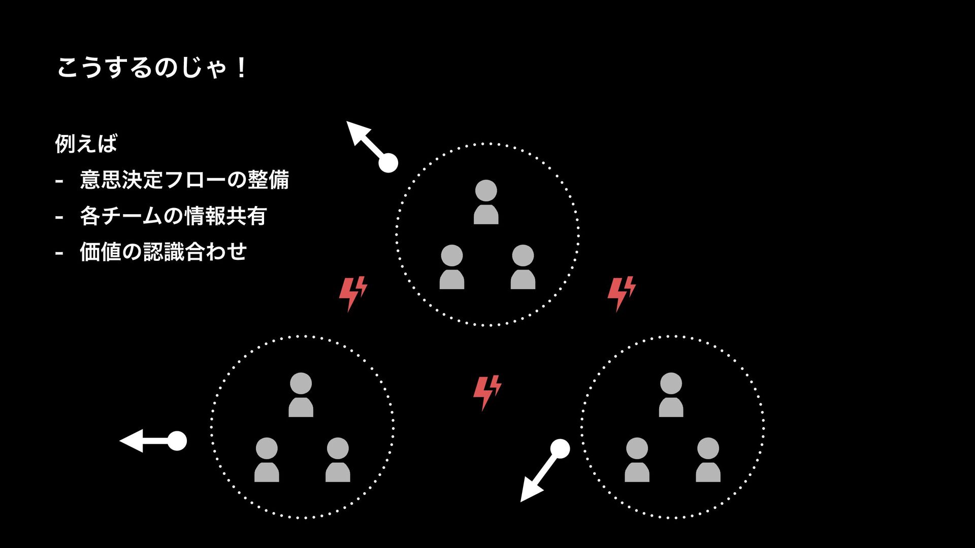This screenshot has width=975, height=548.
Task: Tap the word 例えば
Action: [x=86, y=144]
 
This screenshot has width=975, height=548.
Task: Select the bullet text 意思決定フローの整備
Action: [x=184, y=180]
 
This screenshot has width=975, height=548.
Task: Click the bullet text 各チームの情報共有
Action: [x=173, y=216]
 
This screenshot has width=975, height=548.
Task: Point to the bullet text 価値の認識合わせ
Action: [x=164, y=252]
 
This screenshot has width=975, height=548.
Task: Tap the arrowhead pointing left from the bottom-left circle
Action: [x=132, y=441]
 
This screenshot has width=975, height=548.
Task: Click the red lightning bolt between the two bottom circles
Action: [x=487, y=392]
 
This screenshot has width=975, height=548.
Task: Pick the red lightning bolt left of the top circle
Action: [x=353, y=293]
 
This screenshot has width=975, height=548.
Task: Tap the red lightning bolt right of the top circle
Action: [x=622, y=293]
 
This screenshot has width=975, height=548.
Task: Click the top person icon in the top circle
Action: [x=486, y=202]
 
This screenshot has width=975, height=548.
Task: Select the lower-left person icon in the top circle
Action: [x=451, y=267]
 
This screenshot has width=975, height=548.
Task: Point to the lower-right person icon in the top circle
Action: [x=523, y=267]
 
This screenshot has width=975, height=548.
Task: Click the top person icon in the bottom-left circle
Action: [x=301, y=395]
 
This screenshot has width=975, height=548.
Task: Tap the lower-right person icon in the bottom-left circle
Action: [x=338, y=460]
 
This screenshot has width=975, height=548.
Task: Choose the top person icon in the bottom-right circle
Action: [x=671, y=395]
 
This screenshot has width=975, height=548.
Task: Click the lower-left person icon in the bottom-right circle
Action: [x=637, y=460]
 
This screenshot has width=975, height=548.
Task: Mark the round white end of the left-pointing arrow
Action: [x=177, y=441]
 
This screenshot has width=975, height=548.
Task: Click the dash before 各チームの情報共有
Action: [x=59, y=217]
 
